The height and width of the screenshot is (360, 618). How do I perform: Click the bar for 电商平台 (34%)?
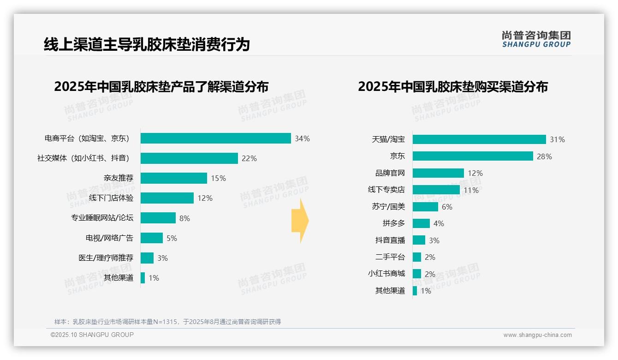click(215, 138)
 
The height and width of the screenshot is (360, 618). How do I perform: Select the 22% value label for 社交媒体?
click(249, 158)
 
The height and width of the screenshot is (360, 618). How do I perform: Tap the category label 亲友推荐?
click(118, 178)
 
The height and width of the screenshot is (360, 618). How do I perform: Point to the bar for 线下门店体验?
click(167, 198)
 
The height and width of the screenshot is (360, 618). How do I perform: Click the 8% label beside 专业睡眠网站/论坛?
click(184, 218)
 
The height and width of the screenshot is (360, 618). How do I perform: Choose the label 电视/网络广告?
click(109, 238)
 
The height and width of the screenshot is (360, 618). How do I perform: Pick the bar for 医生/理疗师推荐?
click(147, 258)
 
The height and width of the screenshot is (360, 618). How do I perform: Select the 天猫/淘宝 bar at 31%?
click(479, 139)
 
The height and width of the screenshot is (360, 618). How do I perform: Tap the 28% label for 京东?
click(544, 156)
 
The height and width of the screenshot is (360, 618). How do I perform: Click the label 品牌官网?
click(390, 173)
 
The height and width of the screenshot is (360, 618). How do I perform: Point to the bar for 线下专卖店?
click(436, 190)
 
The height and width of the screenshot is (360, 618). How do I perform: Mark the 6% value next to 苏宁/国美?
click(447, 207)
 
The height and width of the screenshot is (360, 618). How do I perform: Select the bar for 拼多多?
click(421, 223)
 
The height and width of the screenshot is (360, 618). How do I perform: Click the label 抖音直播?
click(390, 240)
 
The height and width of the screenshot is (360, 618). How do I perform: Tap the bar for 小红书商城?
click(417, 274)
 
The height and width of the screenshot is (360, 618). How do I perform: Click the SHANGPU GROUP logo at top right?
click(536, 39)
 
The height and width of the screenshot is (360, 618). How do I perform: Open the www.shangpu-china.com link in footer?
click(537, 335)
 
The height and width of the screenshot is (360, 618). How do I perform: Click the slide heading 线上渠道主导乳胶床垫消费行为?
click(147, 44)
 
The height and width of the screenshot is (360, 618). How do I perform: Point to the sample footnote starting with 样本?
click(167, 322)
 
